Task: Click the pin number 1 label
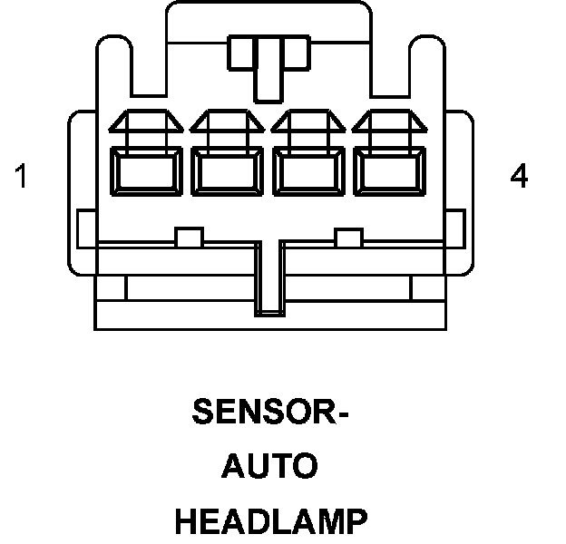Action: click(21, 177)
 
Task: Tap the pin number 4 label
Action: click(519, 177)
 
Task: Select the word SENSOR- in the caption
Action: click(271, 413)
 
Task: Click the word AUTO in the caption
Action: click(270, 467)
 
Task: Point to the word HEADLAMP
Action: click(271, 521)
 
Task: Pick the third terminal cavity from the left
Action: click(309, 170)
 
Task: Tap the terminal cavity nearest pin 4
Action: click(390, 170)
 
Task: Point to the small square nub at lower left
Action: click(189, 238)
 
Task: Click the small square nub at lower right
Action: click(347, 238)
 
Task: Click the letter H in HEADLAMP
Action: click(186, 521)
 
